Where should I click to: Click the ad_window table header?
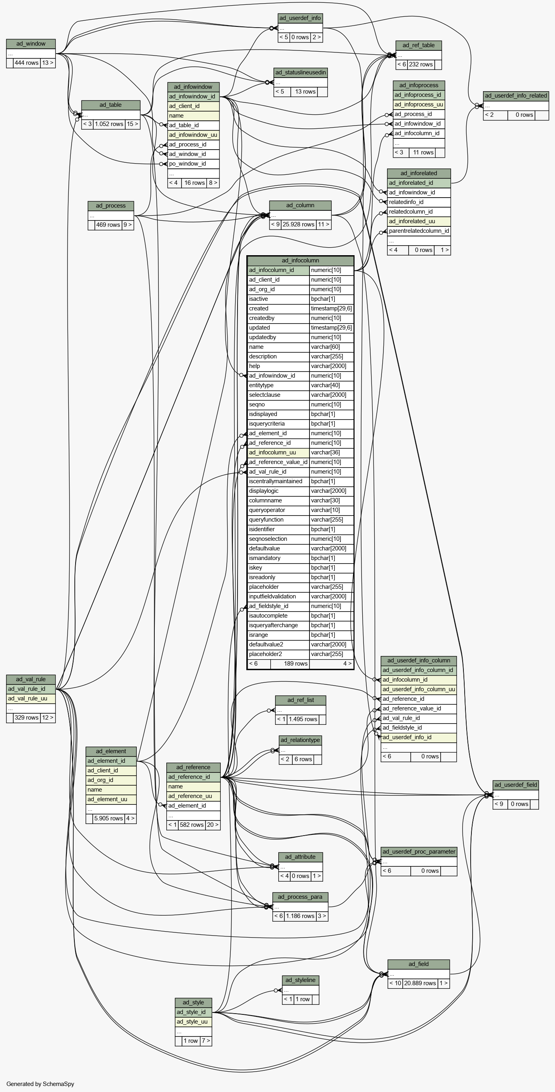31,44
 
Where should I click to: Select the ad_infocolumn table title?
300,260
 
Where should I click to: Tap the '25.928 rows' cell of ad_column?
298,224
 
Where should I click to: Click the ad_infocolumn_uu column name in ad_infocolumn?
272,452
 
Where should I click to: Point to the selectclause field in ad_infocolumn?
265,395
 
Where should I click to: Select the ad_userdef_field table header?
515,785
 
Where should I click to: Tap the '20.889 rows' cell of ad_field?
420,983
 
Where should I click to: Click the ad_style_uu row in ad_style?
192,1022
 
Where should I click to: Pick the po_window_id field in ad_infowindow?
187,164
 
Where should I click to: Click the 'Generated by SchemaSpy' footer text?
40,1084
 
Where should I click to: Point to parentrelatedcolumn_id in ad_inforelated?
419,231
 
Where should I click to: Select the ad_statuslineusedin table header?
300,72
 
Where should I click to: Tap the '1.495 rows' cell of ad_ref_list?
303,719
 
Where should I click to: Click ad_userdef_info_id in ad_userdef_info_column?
407,737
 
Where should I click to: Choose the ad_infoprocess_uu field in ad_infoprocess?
419,104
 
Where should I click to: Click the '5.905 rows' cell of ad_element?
108,818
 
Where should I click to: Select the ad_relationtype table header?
300,740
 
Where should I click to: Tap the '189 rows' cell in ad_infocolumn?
295,664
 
